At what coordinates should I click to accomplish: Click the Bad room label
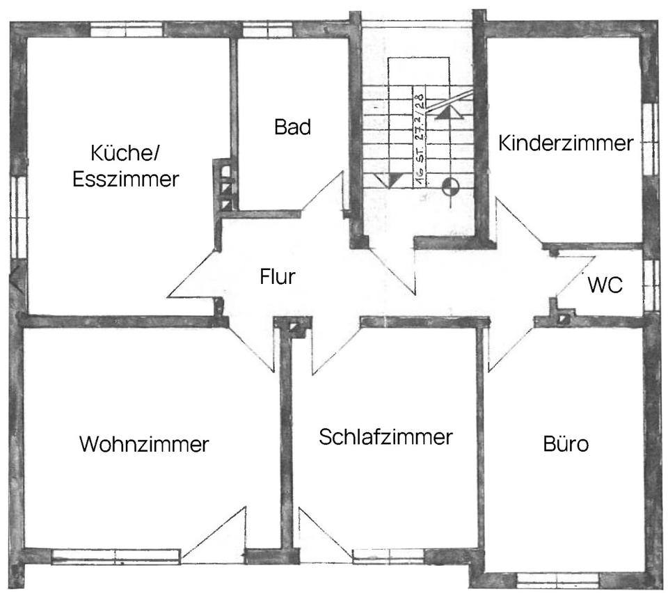tap(292, 127)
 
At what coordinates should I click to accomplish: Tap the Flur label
tap(278, 276)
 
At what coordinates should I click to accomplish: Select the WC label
tap(604, 284)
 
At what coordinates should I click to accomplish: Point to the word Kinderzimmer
tap(566, 143)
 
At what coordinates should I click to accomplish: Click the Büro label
tap(566, 444)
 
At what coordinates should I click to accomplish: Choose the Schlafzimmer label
tap(385, 438)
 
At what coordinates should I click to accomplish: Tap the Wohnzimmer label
tap(144, 444)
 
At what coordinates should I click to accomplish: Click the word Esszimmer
tap(126, 179)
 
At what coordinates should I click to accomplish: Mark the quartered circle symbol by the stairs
tap(450, 184)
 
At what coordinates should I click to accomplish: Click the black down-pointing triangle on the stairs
tap(395, 180)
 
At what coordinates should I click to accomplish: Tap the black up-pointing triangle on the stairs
tap(445, 113)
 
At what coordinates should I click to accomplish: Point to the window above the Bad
tap(267, 30)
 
